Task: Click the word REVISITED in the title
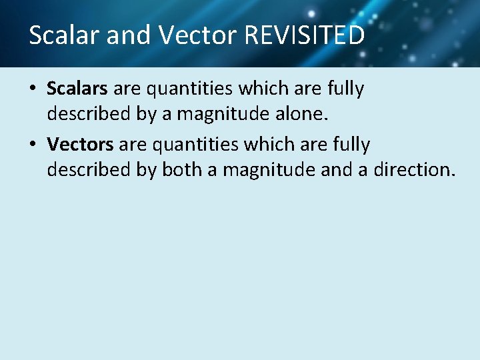(x=305, y=35)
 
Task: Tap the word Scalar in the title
(x=64, y=35)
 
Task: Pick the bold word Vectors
(x=80, y=145)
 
